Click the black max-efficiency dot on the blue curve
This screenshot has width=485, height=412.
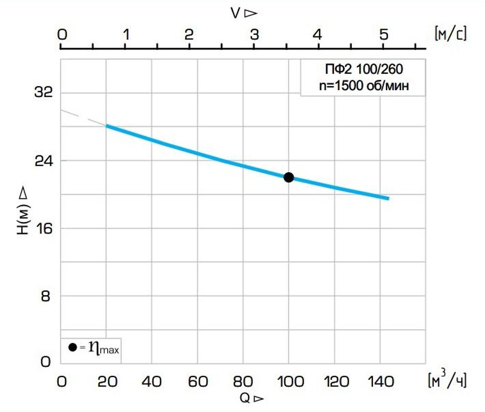[x=288, y=177]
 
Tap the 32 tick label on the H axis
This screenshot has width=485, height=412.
[x=43, y=92]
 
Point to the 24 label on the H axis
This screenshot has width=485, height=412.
[x=43, y=160]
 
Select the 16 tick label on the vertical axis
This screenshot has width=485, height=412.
[x=44, y=228]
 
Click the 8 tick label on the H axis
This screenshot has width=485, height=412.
[x=46, y=296]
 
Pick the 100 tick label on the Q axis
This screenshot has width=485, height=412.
[x=290, y=382]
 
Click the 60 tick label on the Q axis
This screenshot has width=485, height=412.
[x=198, y=382]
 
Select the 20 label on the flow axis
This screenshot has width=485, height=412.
[x=107, y=382]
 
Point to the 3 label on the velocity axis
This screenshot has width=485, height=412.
[x=254, y=34]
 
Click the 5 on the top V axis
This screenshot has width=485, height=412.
[x=383, y=34]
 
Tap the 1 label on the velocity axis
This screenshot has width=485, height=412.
[x=126, y=34]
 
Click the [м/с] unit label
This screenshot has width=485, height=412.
[x=451, y=34]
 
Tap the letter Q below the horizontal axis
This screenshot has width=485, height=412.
[x=245, y=398]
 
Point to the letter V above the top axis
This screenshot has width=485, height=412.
[x=236, y=13]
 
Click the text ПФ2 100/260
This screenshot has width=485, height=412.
[x=364, y=69]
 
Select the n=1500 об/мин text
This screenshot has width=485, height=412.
[x=364, y=86]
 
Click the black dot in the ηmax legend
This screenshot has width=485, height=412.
[x=73, y=347]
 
